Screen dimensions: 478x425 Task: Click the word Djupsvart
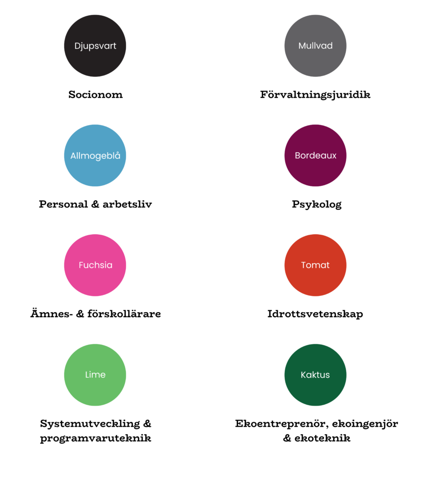coord(95,46)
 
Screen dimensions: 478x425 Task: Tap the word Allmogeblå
coord(95,156)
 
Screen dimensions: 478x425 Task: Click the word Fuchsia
coord(95,265)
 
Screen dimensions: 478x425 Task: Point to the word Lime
coord(95,375)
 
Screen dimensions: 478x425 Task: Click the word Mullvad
coord(315,46)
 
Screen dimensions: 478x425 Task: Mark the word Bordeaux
coord(315,156)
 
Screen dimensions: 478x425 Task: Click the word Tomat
coord(315,265)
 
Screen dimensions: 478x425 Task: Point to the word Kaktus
coord(315,375)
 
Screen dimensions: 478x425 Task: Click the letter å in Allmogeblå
coord(118,155)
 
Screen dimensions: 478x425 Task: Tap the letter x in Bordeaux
coord(334,156)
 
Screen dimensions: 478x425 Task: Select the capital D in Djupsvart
coord(78,46)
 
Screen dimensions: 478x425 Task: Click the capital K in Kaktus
coord(304,375)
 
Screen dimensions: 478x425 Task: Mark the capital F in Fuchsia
coord(81,265)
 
